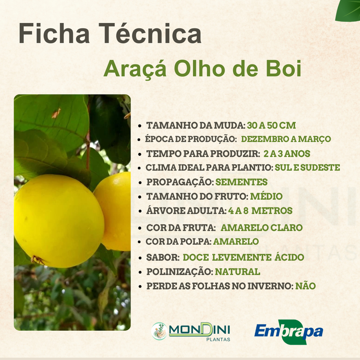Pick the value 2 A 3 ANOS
pos(287,153)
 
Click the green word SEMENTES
pos(242,182)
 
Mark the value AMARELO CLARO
pos(261,228)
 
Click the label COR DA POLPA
pos(179,242)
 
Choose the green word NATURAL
pos(237,272)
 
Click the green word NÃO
pos(306,286)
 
